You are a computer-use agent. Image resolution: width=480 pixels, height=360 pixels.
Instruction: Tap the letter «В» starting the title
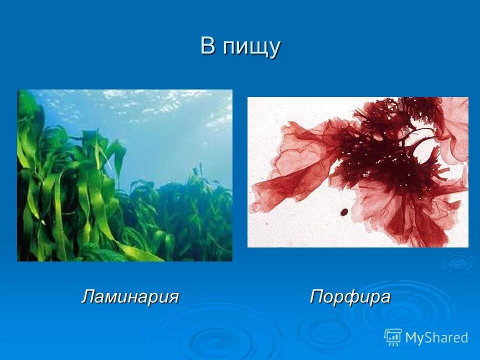pyautogui.click(x=208, y=45)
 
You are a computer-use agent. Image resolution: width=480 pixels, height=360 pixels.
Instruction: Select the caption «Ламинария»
pyautogui.click(x=130, y=296)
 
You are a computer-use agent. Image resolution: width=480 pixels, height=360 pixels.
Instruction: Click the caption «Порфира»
pyautogui.click(x=350, y=296)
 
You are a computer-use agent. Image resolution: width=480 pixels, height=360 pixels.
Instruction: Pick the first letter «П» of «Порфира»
pyautogui.click(x=317, y=296)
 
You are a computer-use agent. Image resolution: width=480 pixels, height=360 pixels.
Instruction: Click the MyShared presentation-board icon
pyautogui.click(x=393, y=337)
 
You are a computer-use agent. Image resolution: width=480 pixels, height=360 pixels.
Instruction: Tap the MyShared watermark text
pyautogui.click(x=436, y=337)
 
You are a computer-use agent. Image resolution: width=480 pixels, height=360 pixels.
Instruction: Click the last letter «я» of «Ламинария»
pyautogui.click(x=173, y=296)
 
